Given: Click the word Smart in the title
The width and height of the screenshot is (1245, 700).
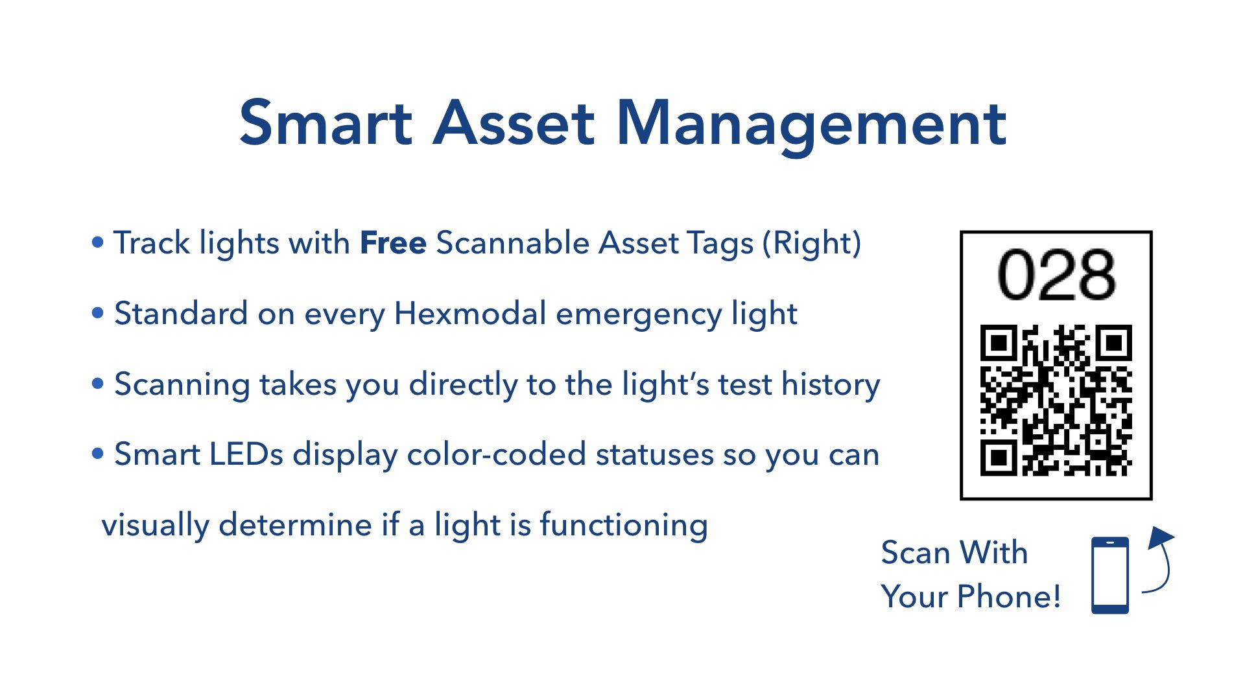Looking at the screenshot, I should point(326,123).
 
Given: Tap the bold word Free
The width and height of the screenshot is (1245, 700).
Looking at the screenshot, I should point(393,243).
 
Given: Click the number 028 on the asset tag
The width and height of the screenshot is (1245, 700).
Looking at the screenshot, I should point(1056,275).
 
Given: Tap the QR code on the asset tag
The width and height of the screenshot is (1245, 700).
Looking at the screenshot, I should point(1056,400).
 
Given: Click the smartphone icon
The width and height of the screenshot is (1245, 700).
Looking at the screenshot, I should point(1109,575).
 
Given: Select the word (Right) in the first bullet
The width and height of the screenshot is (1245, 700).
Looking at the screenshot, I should point(812,244).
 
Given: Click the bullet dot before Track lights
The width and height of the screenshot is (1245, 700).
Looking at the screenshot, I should point(98,243).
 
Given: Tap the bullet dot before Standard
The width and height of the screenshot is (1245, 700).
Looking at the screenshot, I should point(98,314).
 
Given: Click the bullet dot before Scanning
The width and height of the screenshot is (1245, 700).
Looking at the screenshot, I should point(98,384).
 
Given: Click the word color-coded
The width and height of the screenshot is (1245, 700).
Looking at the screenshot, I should point(496,454).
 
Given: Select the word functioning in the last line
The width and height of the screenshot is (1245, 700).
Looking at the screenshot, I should point(623,525).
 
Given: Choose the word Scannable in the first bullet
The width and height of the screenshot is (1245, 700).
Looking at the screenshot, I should point(512,243).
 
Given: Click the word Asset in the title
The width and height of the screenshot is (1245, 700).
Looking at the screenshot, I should point(513,123).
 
